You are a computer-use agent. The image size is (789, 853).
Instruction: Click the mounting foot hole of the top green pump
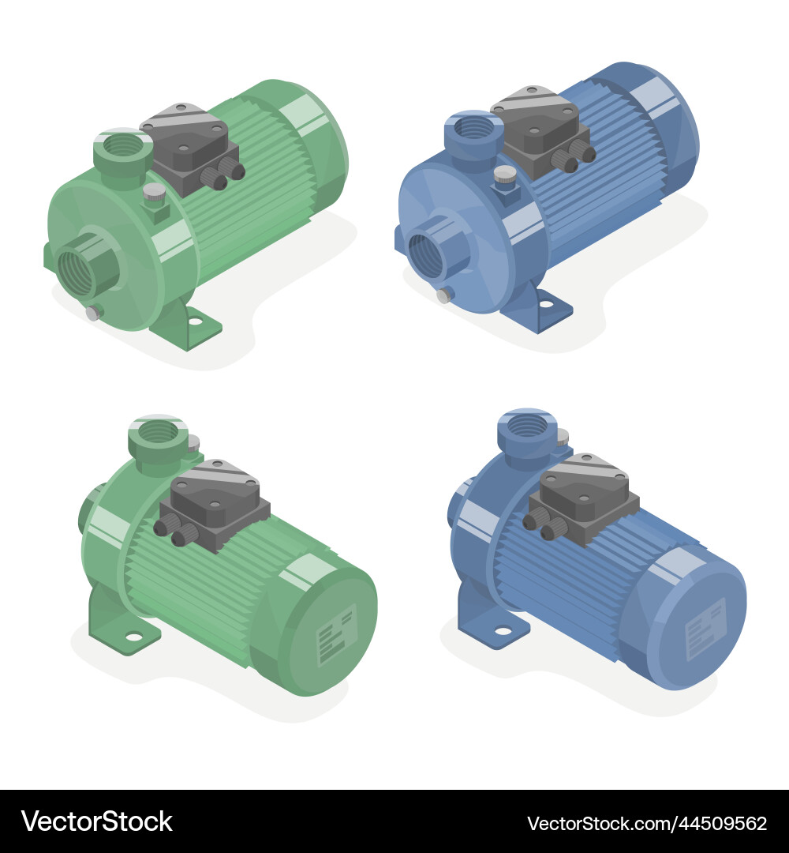click(x=193, y=322)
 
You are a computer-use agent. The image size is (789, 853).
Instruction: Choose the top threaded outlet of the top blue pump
click(x=473, y=127)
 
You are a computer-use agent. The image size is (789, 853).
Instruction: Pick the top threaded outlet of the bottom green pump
click(x=158, y=432)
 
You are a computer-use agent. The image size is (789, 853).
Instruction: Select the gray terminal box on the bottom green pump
click(x=212, y=502)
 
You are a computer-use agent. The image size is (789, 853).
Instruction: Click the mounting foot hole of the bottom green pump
click(x=133, y=636)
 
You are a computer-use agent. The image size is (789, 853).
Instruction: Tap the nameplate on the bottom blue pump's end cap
click(x=705, y=629)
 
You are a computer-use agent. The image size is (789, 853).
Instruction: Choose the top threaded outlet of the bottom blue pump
click(x=526, y=426)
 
